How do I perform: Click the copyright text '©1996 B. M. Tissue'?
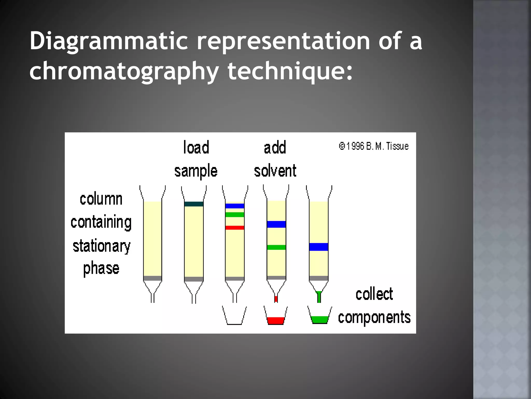tap(374, 146)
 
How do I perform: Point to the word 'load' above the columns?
tap(196, 148)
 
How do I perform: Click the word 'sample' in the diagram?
tap(196, 171)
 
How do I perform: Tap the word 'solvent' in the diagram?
tap(275, 171)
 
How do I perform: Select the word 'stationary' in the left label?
tap(101, 246)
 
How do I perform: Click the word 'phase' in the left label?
tap(101, 269)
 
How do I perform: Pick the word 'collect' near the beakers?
tap(374, 294)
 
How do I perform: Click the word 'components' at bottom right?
tap(374, 317)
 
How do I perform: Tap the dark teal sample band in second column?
tap(194, 204)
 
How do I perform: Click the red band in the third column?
tap(235, 228)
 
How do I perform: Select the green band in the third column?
tap(235, 215)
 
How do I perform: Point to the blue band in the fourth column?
tap(276, 224)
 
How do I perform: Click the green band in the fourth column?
tap(276, 247)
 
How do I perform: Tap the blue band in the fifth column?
tap(319, 247)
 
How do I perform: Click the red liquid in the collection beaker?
tap(276, 321)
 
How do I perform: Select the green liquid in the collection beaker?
tap(319, 320)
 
